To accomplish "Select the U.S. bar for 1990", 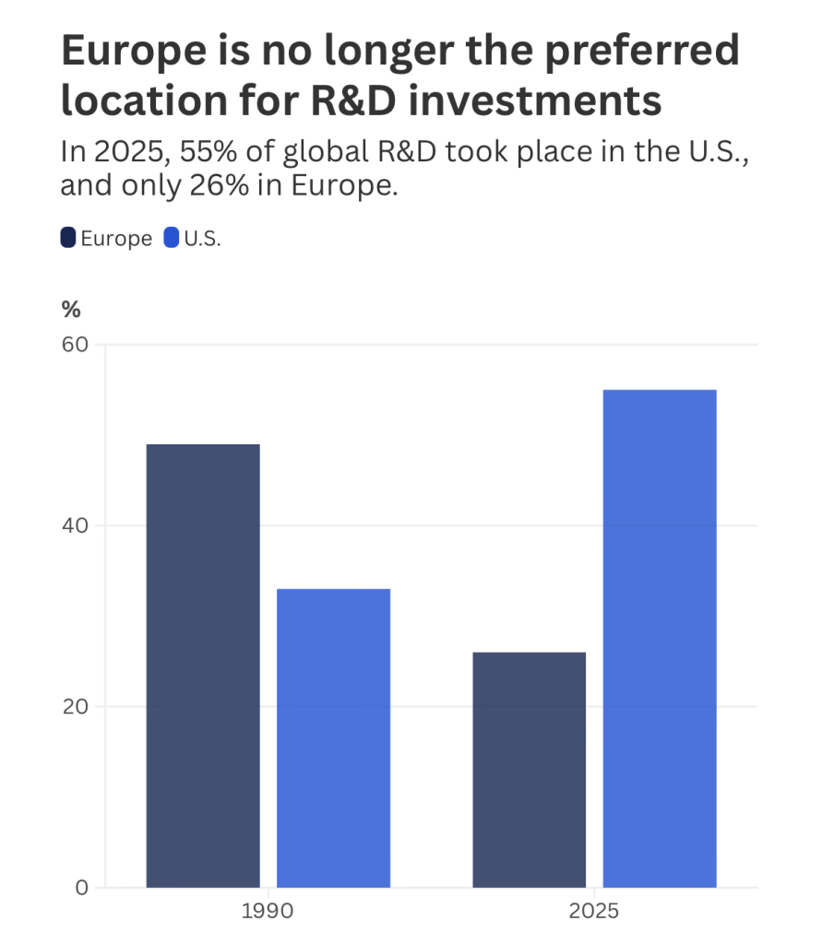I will (x=333, y=737).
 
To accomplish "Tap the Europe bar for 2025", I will (x=529, y=770).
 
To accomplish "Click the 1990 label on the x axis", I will (x=268, y=913).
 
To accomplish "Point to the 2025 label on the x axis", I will (x=594, y=913).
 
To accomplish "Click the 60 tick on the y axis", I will (x=75, y=345).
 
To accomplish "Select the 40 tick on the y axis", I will (x=75, y=526).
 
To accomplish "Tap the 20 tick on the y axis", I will (x=75, y=707).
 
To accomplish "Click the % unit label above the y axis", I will (x=71, y=310).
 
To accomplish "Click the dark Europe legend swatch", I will (x=68, y=238).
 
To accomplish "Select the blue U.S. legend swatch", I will (x=171, y=238).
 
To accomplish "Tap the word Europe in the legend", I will (x=116, y=239).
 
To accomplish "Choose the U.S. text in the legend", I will (x=203, y=239).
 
